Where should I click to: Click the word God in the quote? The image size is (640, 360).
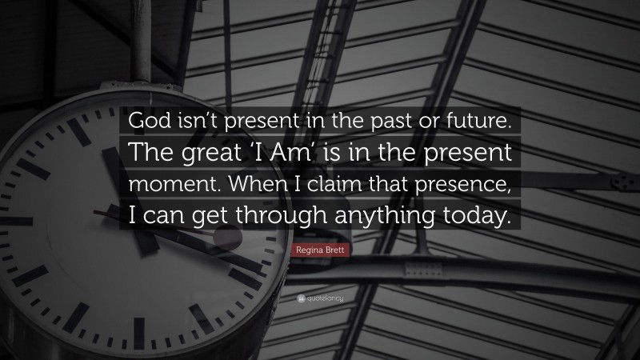[145, 122]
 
